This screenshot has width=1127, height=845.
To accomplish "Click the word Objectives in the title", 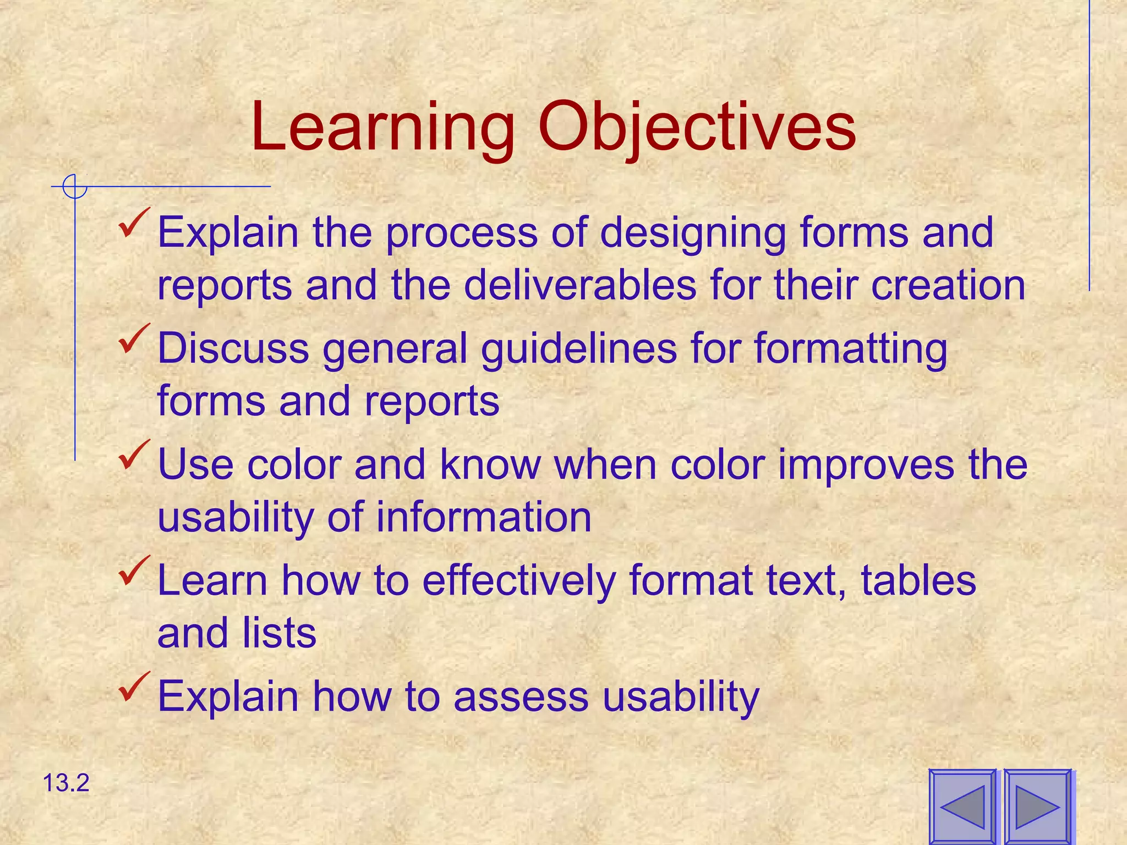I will click(x=696, y=128).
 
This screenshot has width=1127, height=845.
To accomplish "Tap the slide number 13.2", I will click(x=65, y=783).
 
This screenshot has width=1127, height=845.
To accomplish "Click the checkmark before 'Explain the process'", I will click(x=134, y=223).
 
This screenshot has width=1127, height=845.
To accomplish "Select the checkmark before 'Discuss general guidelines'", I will click(x=134, y=339).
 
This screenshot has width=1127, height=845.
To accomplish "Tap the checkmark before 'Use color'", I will click(x=134, y=456).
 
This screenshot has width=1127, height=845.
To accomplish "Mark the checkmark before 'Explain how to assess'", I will click(x=134, y=687).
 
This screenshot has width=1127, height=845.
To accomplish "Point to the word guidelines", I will click(x=578, y=350).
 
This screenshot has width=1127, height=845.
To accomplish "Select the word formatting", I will click(x=850, y=350).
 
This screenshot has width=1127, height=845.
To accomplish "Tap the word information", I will click(x=484, y=517).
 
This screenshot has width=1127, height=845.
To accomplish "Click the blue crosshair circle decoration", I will click(x=74, y=186).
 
